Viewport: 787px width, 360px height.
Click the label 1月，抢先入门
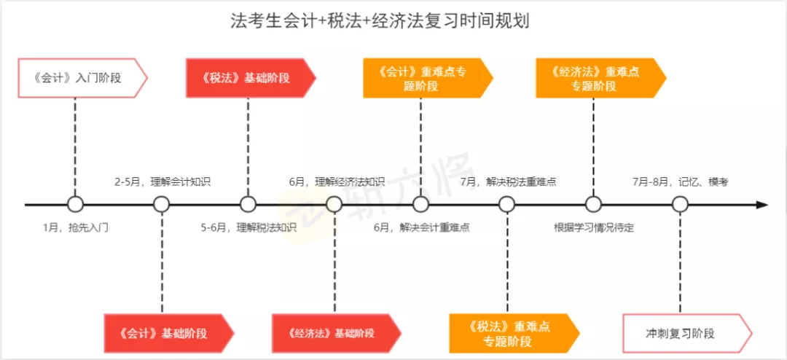tap(76, 227)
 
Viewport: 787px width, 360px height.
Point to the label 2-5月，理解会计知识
tap(163, 181)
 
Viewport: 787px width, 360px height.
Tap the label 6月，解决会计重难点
tap(422, 227)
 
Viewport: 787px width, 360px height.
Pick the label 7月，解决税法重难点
tap(509, 181)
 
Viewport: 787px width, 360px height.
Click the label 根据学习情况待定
tap(594, 227)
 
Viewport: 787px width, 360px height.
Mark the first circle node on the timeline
tap(75, 205)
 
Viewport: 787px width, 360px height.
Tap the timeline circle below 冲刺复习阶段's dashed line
tap(680, 205)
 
